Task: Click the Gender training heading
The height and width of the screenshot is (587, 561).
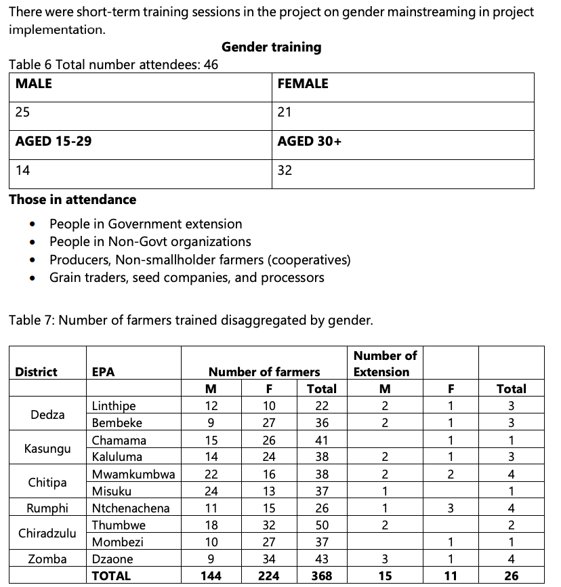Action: [271, 47]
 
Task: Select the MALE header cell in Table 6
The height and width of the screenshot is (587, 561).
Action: [34, 84]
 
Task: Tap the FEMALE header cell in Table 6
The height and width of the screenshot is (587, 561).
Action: [303, 84]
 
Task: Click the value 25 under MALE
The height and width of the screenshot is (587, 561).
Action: [22, 113]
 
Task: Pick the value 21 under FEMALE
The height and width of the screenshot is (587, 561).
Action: [284, 113]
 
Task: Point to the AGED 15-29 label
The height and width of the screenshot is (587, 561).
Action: [54, 142]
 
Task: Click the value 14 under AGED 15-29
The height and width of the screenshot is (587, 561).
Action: [22, 170]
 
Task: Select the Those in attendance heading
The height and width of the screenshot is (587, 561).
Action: [72, 200]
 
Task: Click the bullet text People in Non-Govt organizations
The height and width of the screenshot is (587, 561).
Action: [150, 242]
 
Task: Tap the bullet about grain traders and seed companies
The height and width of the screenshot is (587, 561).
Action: [186, 278]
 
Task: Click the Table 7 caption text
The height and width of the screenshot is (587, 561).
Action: [190, 321]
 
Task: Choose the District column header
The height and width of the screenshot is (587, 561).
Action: [36, 372]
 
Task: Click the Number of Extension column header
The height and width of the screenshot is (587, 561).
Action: [386, 364]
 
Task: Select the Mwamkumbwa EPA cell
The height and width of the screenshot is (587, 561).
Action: [133, 474]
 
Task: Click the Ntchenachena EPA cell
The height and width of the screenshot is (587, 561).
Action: [131, 508]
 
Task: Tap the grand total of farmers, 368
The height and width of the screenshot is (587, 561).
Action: [321, 576]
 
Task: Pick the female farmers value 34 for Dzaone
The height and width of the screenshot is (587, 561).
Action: [270, 559]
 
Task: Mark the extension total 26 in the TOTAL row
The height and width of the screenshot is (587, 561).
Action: [511, 576]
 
